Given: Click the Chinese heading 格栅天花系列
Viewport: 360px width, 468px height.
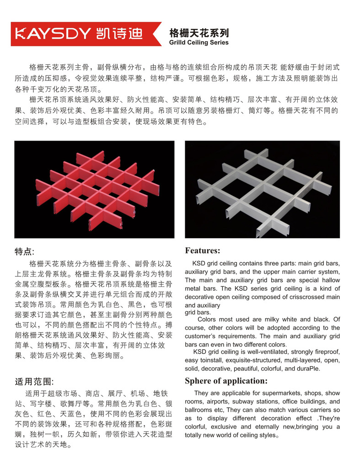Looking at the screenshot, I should pyautogui.click(x=199, y=33).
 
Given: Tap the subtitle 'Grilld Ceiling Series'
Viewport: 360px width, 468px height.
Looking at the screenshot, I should pyautogui.click(x=199, y=43).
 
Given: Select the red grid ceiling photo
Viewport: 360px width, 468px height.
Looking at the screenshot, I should pyautogui.click(x=94, y=189).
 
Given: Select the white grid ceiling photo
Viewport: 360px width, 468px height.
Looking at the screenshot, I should pyautogui.click(x=262, y=189).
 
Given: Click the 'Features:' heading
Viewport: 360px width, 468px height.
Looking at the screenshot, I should pyautogui.click(x=202, y=250).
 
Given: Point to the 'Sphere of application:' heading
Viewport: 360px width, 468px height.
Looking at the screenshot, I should pyautogui.click(x=226, y=381).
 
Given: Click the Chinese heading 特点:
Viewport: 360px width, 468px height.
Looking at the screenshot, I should pyautogui.click(x=25, y=251).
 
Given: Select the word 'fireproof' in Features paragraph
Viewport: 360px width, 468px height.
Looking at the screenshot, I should pyautogui.click(x=326, y=352).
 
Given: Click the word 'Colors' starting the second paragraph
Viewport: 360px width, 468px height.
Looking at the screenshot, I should pyautogui.click(x=207, y=319).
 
